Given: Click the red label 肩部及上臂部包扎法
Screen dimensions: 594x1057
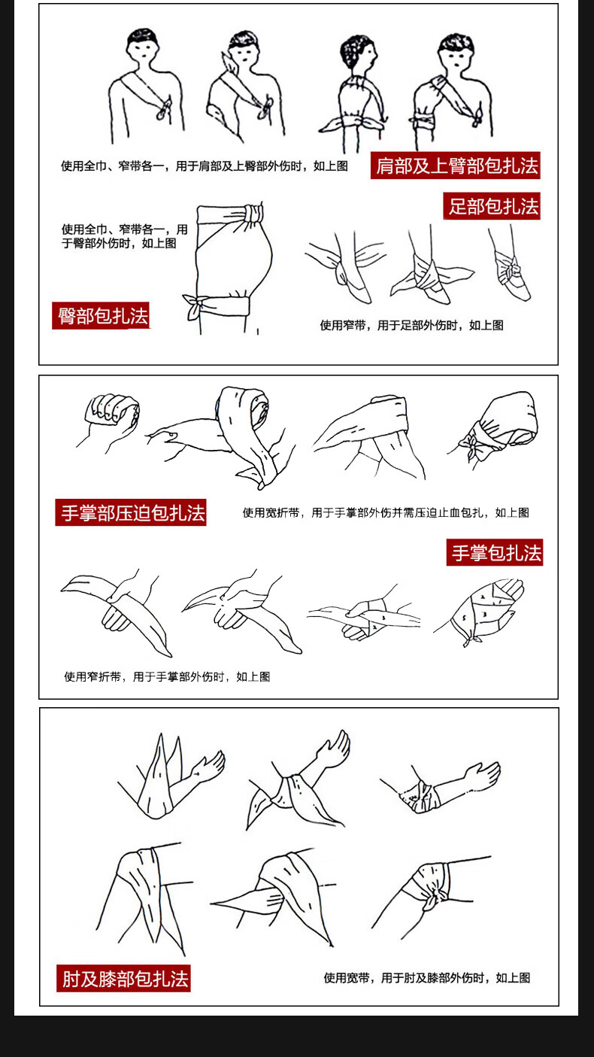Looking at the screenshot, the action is point(456,166).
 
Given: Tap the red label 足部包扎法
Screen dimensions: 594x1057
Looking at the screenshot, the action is point(492,206).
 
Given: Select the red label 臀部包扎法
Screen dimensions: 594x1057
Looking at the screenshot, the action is point(101,316).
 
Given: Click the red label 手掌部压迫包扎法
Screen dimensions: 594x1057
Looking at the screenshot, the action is point(131,512).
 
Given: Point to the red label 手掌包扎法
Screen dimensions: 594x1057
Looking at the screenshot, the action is point(495,552).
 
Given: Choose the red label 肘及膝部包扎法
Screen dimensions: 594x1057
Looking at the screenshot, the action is point(123,979).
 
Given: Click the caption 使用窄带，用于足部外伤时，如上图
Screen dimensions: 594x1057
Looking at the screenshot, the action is point(411,325).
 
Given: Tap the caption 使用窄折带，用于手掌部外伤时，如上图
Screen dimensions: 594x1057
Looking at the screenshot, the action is point(168,676).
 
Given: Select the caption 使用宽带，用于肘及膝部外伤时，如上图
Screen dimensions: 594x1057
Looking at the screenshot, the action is point(426,978).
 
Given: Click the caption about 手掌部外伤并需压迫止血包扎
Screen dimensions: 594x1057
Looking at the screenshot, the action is point(386,512).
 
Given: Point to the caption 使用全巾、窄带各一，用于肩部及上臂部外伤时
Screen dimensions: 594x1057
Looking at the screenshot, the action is point(204,166).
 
